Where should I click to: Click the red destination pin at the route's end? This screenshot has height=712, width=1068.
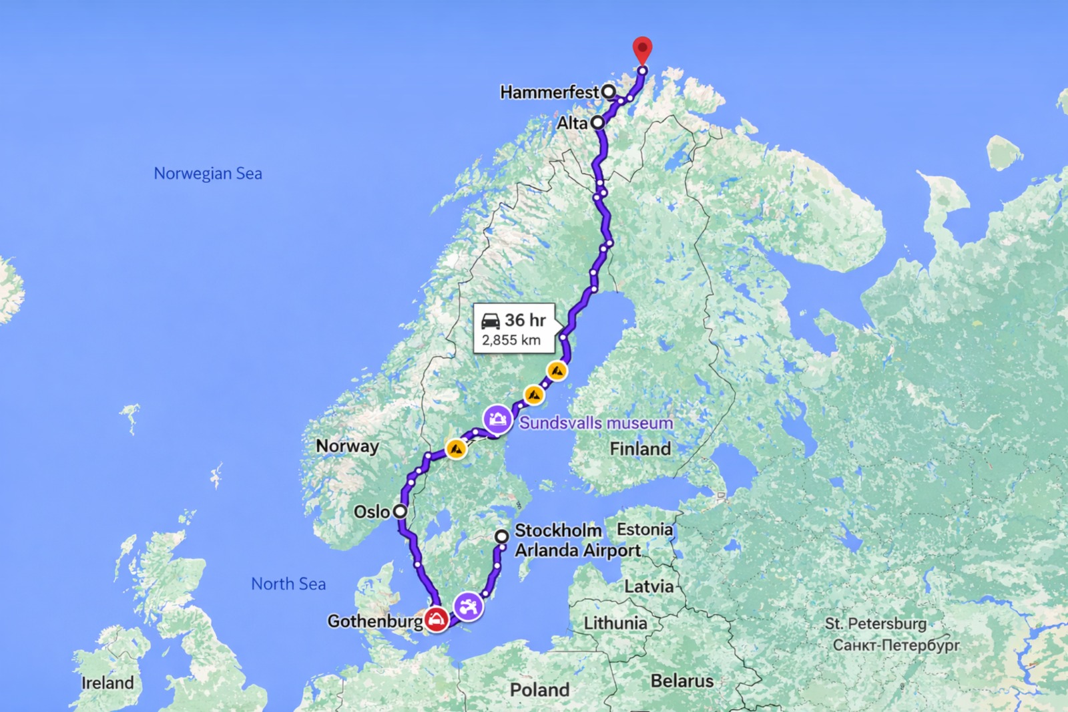[642, 49]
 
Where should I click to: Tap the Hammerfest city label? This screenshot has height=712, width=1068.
[549, 92]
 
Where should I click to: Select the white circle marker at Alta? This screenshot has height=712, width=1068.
[597, 123]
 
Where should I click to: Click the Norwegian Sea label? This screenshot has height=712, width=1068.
[208, 174]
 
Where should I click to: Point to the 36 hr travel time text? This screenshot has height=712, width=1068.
[525, 320]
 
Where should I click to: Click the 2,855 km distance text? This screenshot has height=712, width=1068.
[511, 340]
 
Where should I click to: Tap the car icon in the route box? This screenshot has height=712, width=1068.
[491, 321]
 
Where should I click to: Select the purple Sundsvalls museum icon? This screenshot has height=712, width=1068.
[497, 419]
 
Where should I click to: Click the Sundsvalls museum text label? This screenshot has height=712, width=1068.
[596, 423]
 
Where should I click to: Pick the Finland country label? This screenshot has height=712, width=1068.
[640, 449]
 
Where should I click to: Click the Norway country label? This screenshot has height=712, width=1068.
[347, 446]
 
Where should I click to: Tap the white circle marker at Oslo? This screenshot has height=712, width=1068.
[400, 512]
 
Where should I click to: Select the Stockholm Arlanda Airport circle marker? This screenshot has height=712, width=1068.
[502, 536]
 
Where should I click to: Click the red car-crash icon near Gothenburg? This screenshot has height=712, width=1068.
[436, 619]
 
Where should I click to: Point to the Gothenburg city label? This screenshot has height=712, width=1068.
[374, 621]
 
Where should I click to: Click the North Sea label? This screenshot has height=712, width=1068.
[288, 584]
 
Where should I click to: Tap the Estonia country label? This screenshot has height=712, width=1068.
[644, 530]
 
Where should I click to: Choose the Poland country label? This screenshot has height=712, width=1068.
[539, 689]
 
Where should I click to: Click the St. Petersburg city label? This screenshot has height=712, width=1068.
[876, 624]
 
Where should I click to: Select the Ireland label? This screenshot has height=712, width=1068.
[107, 683]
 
